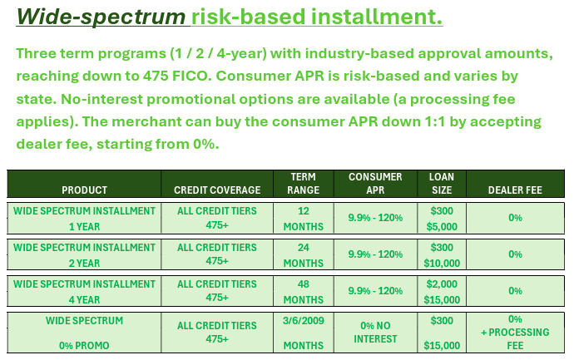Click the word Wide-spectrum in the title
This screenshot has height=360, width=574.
point(101,17)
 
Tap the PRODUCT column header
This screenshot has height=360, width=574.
point(84,190)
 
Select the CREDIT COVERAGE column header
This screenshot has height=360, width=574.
point(217,190)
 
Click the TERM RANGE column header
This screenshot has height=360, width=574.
point(303,184)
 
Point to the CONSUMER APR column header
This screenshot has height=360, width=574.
point(375,184)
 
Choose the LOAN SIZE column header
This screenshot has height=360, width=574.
point(442,184)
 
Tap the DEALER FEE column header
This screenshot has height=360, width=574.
point(515,190)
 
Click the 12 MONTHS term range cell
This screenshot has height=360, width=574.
point(303,219)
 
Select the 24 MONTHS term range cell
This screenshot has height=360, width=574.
point(303,255)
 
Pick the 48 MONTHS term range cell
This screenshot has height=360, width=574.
point(303,292)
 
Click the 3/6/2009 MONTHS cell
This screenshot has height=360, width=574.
point(303,333)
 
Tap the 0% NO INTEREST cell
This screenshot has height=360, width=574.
point(375,333)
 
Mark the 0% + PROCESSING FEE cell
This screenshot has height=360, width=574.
point(515,333)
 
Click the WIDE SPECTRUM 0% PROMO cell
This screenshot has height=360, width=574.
point(84,333)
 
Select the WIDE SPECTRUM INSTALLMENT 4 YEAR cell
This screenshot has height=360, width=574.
point(84,292)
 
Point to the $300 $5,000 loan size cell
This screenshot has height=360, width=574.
point(442,219)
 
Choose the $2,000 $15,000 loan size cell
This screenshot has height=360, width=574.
point(442,292)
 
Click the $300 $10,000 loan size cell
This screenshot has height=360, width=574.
point(442,255)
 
